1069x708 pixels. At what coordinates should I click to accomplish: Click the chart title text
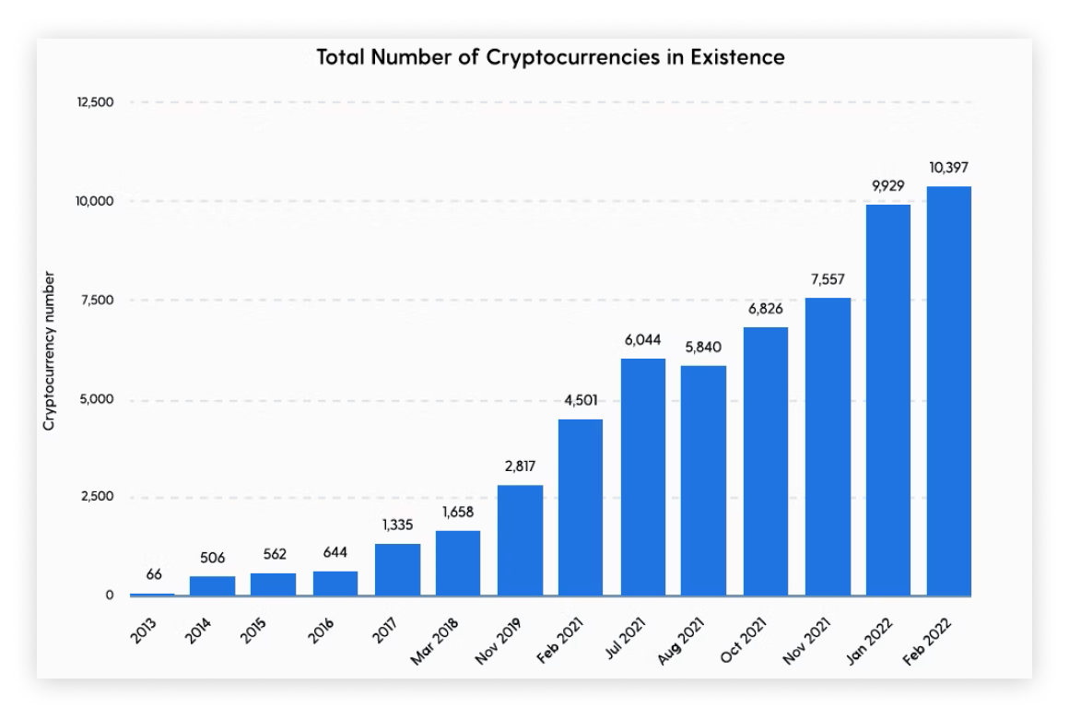tap(550, 57)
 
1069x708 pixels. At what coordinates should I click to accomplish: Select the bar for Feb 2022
tap(949, 391)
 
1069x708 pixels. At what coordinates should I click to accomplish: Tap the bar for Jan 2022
tap(887, 400)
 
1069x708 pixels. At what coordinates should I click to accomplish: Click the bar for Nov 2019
tap(520, 540)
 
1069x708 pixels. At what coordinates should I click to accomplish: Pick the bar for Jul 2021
tap(642, 477)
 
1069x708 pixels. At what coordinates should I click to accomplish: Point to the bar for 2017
tap(397, 570)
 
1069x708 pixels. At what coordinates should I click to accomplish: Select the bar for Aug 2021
tap(703, 480)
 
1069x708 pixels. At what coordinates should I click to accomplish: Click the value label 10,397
tap(949, 169)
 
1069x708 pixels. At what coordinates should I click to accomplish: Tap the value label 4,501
tap(581, 400)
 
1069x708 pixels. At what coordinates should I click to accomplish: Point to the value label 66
tap(154, 574)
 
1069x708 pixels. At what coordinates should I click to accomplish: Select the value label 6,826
tap(765, 309)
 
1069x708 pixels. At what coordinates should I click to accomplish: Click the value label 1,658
tap(458, 512)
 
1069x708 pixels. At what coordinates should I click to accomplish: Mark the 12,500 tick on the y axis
tap(95, 101)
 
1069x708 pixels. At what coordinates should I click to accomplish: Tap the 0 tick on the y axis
tap(110, 596)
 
